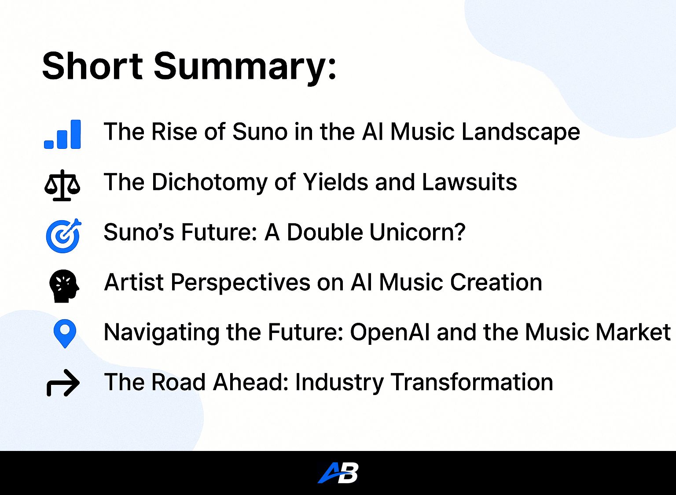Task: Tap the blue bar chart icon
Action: tap(62, 134)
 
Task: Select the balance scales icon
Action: tap(62, 185)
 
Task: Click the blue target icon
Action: tap(64, 236)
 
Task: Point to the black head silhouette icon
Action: tap(64, 285)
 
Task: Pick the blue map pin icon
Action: tap(65, 333)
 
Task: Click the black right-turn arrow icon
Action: tap(63, 383)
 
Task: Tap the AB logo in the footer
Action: tap(338, 473)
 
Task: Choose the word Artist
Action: tap(134, 282)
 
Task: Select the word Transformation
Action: tap(472, 382)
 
